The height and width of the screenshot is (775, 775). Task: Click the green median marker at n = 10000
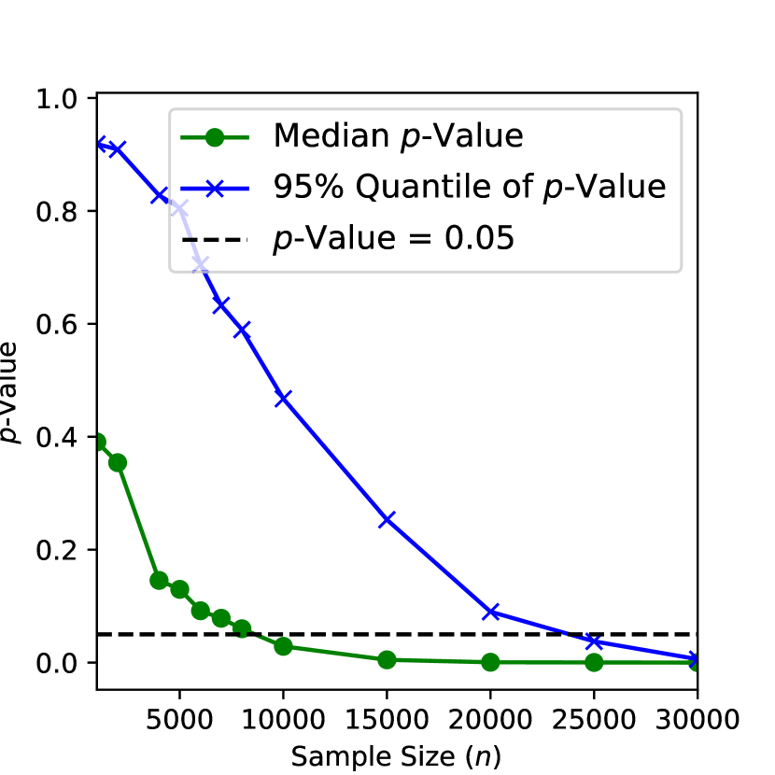283,646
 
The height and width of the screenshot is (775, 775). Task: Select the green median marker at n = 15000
387,659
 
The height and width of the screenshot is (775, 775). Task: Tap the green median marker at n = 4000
159,580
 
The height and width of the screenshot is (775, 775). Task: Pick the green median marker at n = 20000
490,662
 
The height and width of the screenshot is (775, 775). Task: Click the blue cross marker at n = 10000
283,398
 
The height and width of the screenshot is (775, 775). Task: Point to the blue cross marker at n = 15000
387,519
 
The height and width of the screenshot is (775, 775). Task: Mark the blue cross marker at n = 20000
490,612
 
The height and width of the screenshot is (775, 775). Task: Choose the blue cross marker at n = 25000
594,641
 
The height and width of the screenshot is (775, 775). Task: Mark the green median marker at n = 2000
118,462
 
